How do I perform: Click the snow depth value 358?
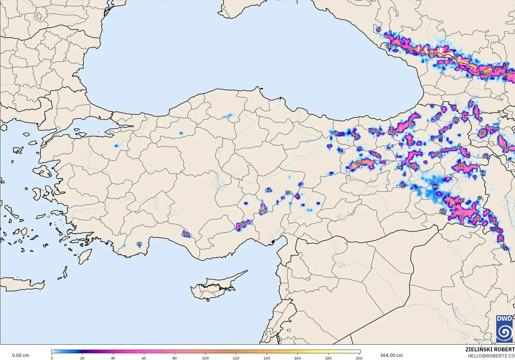(455, 58)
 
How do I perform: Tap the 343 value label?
(432, 54)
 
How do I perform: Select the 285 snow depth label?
(359, 163)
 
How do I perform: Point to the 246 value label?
(262, 211)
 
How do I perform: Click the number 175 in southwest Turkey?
(186, 234)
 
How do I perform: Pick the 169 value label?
(243, 224)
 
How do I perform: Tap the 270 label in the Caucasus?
(487, 74)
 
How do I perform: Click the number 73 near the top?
(378, 30)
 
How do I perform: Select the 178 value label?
(483, 133)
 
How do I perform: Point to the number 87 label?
(503, 246)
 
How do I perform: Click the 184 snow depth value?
(478, 219)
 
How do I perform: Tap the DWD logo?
(504, 329)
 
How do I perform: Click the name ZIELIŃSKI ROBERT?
(490, 349)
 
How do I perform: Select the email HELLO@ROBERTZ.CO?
(491, 356)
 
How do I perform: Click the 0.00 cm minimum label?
(20, 355)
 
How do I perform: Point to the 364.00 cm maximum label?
(391, 355)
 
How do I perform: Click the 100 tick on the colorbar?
(205, 358)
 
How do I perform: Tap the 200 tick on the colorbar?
(359, 358)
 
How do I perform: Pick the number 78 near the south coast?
(139, 244)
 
